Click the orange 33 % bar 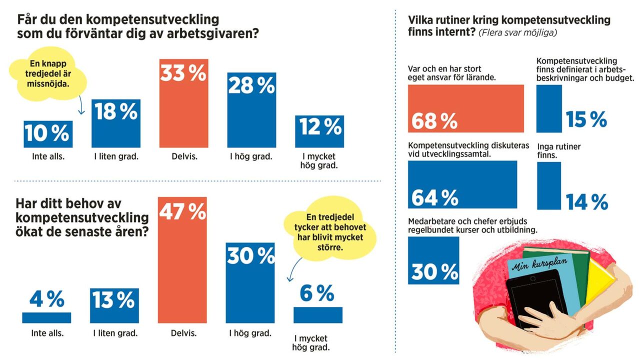(x=183, y=103)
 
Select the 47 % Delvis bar (x=182, y=260)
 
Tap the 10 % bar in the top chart (x=48, y=134)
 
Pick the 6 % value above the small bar (x=317, y=293)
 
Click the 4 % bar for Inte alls (x=46, y=317)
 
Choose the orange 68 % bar (x=465, y=108)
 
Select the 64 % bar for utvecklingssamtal (x=462, y=184)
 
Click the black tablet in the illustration (x=532, y=300)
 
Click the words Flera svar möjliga (x=517, y=33)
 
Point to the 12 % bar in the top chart (x=319, y=131)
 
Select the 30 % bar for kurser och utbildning (x=433, y=260)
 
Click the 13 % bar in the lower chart (x=114, y=305)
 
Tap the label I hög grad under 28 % (x=250, y=156)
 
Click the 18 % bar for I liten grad (x=115, y=123)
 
